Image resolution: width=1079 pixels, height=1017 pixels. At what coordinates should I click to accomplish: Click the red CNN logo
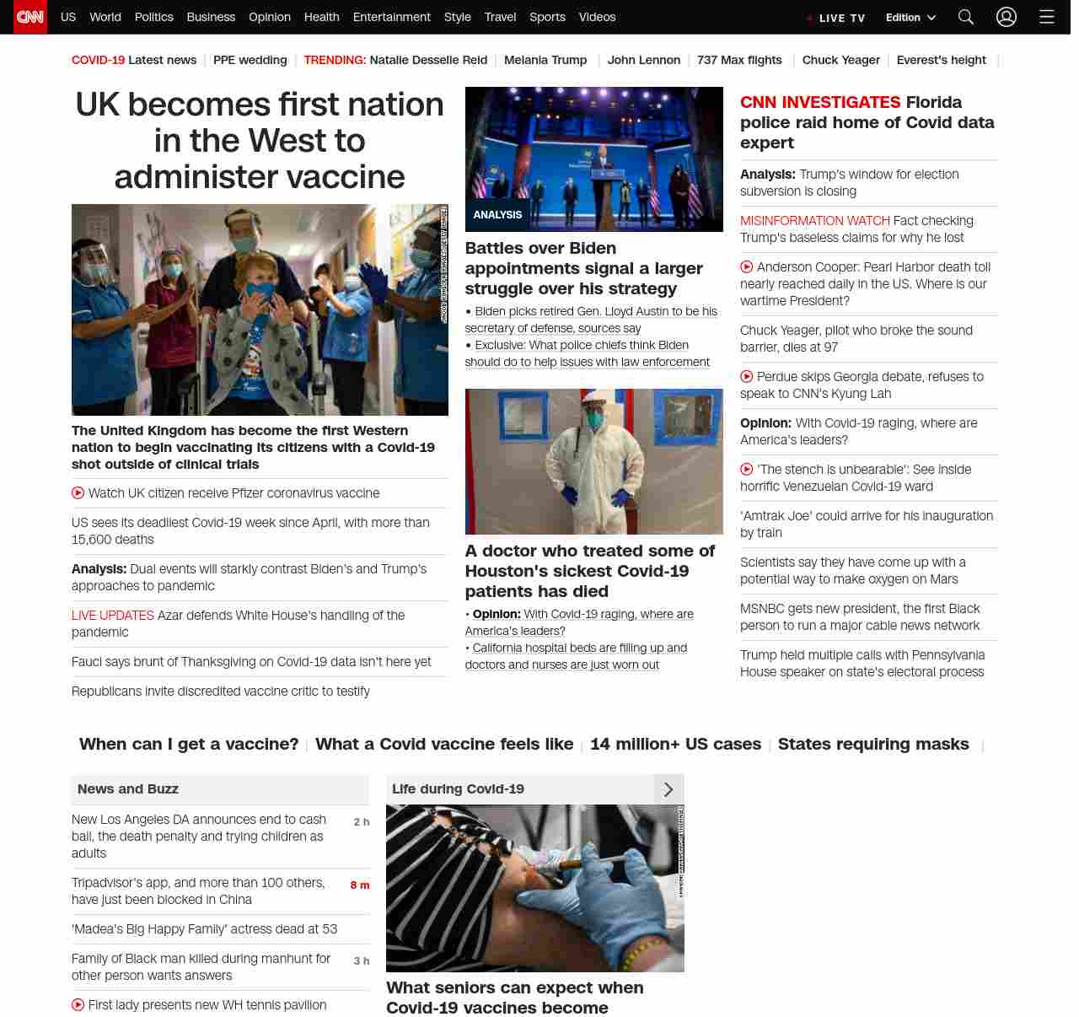pyautogui.click(x=30, y=17)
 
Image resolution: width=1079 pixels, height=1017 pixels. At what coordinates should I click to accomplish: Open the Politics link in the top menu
pyautogui.click(x=153, y=17)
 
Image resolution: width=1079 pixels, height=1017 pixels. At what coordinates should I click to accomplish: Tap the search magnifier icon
pyautogui.click(x=966, y=17)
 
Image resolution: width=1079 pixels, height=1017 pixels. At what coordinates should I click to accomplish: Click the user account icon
pyautogui.click(x=1007, y=17)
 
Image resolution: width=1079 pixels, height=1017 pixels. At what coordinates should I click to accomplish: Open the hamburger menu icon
pyautogui.click(x=1047, y=17)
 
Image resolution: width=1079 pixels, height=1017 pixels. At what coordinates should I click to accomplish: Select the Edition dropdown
pyautogui.click(x=910, y=18)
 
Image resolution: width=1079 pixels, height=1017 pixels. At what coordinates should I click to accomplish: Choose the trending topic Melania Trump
pyautogui.click(x=545, y=60)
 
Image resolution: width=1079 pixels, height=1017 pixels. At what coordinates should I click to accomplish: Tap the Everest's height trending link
pyautogui.click(x=941, y=60)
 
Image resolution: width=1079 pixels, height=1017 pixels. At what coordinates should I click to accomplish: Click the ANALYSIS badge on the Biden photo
pyautogui.click(x=497, y=215)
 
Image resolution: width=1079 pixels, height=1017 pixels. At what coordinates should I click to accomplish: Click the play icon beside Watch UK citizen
pyautogui.click(x=78, y=493)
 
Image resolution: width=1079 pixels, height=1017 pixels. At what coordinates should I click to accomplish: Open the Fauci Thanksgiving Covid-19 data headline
pyautogui.click(x=251, y=662)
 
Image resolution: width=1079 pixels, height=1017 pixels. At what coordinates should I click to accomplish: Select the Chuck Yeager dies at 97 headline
pyautogui.click(x=856, y=338)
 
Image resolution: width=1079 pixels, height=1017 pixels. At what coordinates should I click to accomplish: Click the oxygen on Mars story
pyautogui.click(x=853, y=571)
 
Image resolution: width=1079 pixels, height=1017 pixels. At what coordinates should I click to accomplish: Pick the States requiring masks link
pyautogui.click(x=873, y=744)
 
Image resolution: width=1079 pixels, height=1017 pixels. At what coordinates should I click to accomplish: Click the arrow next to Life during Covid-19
pyautogui.click(x=668, y=789)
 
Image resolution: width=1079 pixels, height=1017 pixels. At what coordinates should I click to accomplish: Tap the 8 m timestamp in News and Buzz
pyautogui.click(x=360, y=885)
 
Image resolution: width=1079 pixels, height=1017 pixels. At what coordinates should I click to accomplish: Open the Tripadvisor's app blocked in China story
pyautogui.click(x=198, y=891)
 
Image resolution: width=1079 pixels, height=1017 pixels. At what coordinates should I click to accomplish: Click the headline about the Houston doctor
pyautogui.click(x=590, y=571)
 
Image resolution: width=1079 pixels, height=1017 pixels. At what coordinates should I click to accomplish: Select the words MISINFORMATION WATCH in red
pyautogui.click(x=814, y=221)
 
